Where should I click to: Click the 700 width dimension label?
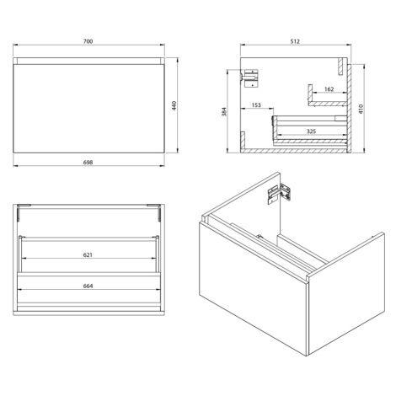88,41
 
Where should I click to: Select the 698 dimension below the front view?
88,163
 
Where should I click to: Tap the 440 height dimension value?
174,105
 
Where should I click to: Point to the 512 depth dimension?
295,41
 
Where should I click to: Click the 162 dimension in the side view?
329,89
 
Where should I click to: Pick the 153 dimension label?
256,105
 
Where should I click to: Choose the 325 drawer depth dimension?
311,131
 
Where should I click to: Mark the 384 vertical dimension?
224,112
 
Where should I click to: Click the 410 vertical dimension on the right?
361,109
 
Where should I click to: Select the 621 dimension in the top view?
88,254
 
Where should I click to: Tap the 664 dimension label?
88,286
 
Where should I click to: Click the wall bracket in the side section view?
250,78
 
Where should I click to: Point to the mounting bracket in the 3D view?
279,193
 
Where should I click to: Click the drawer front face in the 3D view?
253,289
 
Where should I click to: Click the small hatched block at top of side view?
340,67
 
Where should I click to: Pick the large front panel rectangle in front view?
88,109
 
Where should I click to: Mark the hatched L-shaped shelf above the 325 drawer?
327,104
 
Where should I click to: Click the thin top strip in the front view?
88,61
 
